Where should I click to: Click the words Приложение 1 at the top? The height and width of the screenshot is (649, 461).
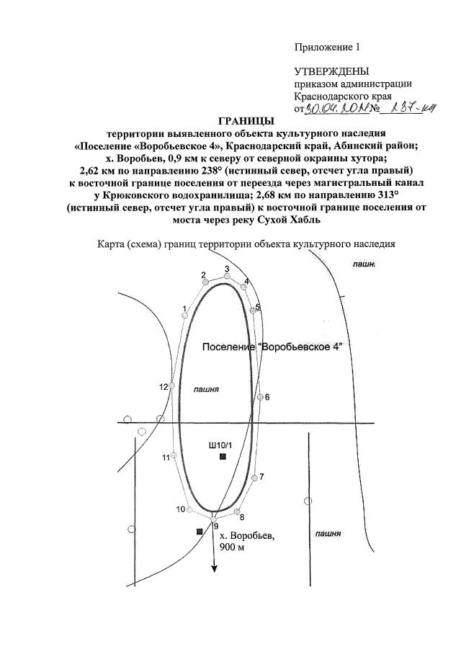[326, 48]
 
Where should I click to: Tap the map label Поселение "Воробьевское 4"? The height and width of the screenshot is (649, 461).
[272, 347]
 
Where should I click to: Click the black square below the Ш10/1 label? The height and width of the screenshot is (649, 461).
[223, 457]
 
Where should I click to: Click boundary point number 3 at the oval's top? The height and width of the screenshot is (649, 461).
[227, 269]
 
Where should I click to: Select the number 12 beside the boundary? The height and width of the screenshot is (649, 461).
[164, 387]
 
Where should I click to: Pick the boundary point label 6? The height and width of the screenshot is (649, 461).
[267, 397]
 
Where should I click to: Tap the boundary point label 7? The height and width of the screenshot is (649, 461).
[262, 477]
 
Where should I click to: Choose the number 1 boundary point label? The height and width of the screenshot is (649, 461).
[185, 309]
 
